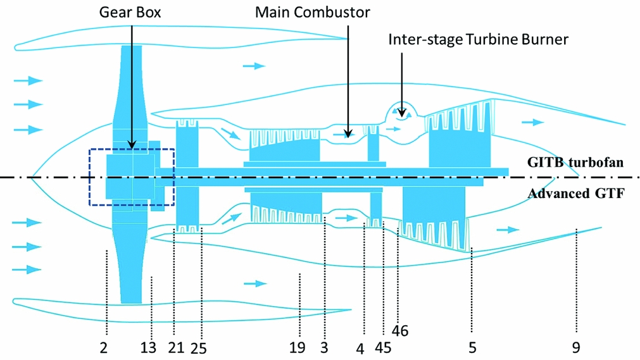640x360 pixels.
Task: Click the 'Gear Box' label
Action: [130, 12]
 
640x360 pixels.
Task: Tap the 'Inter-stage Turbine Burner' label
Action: [479, 39]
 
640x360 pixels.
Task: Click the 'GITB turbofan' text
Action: [575, 163]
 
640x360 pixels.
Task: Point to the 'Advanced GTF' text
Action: [576, 194]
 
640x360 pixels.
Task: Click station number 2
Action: [103, 347]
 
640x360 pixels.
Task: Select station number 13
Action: [148, 347]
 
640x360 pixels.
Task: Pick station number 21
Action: [175, 347]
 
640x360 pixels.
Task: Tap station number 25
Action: [199, 347]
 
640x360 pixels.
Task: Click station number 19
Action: [298, 347]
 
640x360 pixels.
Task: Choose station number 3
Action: [324, 347]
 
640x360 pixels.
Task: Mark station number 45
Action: [383, 347]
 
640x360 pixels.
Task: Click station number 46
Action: [399, 330]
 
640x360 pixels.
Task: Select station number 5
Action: [472, 347]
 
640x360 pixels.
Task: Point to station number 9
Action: [575, 347]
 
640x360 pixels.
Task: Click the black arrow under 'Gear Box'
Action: [131, 82]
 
